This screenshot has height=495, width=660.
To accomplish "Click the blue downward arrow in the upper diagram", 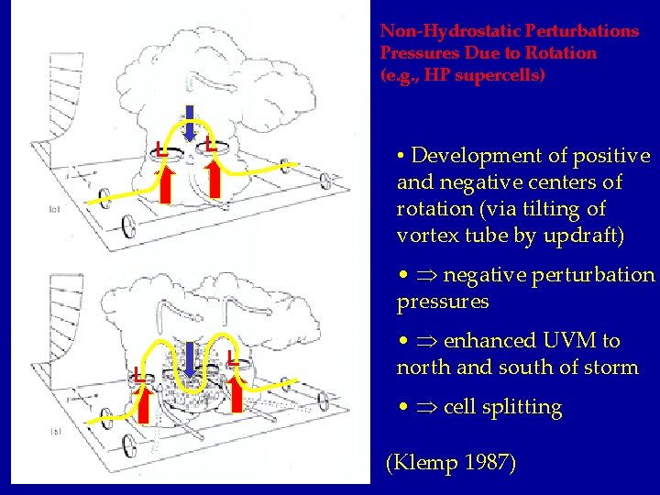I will pyautogui.click(x=190, y=124).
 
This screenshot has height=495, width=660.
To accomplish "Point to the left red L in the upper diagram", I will pyautogui.click(x=160, y=147).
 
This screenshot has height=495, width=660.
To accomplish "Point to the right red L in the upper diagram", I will pyautogui.click(x=210, y=143).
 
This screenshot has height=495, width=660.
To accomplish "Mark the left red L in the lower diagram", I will pyautogui.click(x=137, y=375).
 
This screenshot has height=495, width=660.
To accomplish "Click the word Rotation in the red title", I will pyautogui.click(x=562, y=53).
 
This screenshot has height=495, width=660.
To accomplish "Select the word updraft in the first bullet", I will pyautogui.click(x=590, y=236).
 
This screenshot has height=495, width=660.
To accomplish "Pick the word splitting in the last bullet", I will pyautogui.click(x=522, y=407).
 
